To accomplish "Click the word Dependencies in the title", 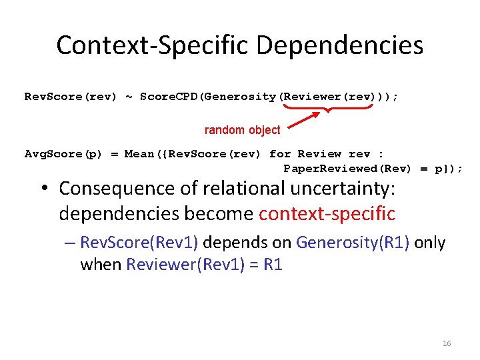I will coord(339,45).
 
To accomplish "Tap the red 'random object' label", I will coord(242,130).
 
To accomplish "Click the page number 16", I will coord(447,343).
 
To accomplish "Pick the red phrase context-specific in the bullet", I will coord(327,214).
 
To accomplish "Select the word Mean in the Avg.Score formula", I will coord(139,154).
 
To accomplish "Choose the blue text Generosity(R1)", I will coord(353,243).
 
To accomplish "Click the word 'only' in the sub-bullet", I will coord(430,243).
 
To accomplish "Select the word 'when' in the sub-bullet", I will coord(101,265).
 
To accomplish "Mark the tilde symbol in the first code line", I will coord(129,97).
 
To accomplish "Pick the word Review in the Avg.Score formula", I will coord(319,154).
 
